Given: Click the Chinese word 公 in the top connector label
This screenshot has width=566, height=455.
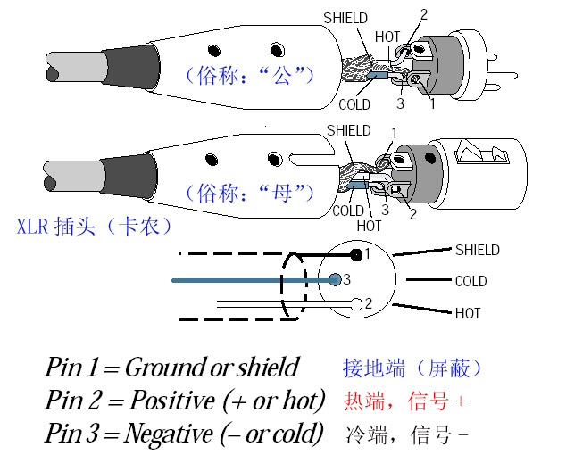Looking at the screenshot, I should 283,75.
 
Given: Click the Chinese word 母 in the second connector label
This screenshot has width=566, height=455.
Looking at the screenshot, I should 283,190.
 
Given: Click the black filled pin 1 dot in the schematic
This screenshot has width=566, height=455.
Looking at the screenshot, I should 356,255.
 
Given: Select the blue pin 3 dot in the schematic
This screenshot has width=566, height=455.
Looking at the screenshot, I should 335,279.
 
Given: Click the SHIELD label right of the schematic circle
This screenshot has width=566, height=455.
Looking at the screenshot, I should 477,250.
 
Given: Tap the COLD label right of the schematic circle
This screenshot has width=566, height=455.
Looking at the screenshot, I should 470,281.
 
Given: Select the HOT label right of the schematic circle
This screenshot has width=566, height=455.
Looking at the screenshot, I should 467,313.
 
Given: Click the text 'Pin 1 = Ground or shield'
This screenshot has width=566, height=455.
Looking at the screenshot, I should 171,368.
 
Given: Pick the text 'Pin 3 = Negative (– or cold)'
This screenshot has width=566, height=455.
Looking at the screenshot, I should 184,434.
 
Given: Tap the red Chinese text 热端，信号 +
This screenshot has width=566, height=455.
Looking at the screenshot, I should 404,401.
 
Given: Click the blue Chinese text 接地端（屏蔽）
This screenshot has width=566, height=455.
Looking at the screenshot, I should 413,368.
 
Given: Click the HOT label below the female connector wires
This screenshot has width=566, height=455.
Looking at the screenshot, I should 369,226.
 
